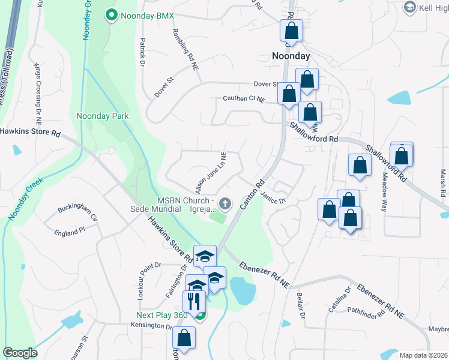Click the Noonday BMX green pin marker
coord(111,16)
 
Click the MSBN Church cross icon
coord(226,205)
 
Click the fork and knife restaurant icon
coord(193,300)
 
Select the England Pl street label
coord(67,232)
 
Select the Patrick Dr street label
coord(143,52)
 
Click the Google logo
coord(20,353)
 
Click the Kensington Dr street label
coord(152,326)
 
